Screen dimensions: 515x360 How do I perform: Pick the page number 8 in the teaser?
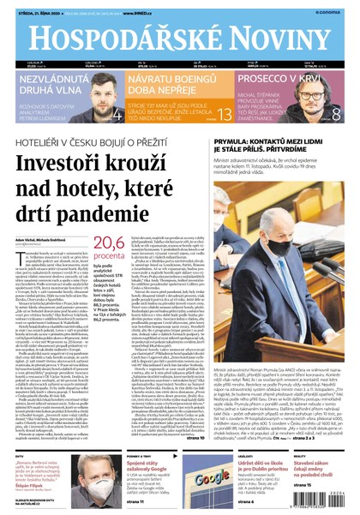336,114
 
